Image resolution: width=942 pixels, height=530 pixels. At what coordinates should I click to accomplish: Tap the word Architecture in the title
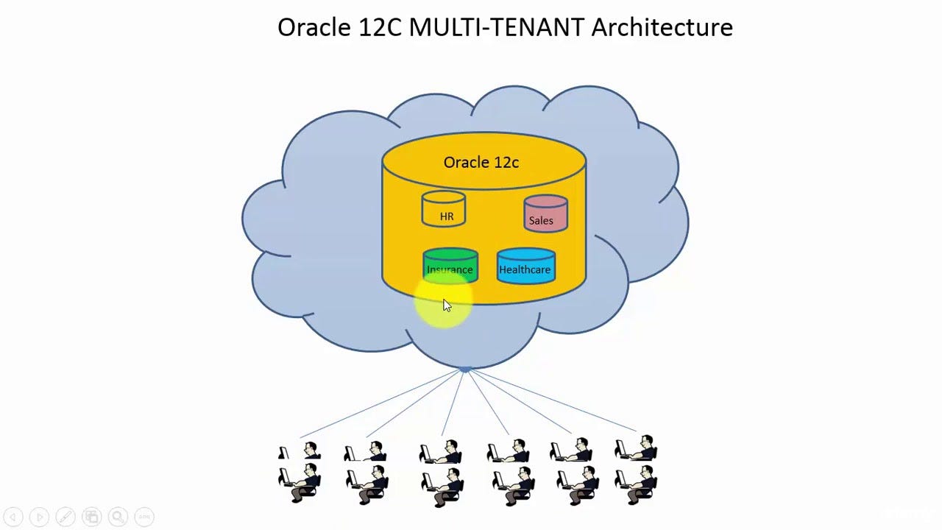tap(662, 28)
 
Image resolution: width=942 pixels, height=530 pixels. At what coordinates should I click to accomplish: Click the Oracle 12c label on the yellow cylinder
tap(481, 163)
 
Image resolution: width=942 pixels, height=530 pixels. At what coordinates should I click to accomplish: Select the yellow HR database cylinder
tap(443, 209)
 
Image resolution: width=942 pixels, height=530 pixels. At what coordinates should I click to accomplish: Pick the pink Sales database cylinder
tap(545, 214)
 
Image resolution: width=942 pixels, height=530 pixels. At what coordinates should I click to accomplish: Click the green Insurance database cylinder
tap(450, 266)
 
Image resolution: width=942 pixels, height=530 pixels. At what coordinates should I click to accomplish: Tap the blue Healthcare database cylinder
tap(525, 266)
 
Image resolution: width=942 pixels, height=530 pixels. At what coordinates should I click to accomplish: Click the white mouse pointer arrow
tap(446, 305)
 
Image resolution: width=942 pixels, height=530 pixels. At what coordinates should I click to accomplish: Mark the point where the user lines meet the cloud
tap(465, 370)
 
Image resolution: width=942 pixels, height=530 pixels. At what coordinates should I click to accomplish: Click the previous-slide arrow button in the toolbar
tap(13, 517)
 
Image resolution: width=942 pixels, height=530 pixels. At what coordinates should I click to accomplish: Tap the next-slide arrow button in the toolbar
tap(39, 517)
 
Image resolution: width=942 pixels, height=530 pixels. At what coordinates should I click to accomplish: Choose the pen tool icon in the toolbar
tap(65, 517)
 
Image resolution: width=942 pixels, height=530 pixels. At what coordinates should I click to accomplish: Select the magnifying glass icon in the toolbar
tap(118, 517)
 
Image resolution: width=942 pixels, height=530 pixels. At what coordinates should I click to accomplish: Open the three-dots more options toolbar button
tap(144, 517)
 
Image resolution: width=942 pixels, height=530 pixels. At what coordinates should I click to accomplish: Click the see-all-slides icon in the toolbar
tap(91, 517)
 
